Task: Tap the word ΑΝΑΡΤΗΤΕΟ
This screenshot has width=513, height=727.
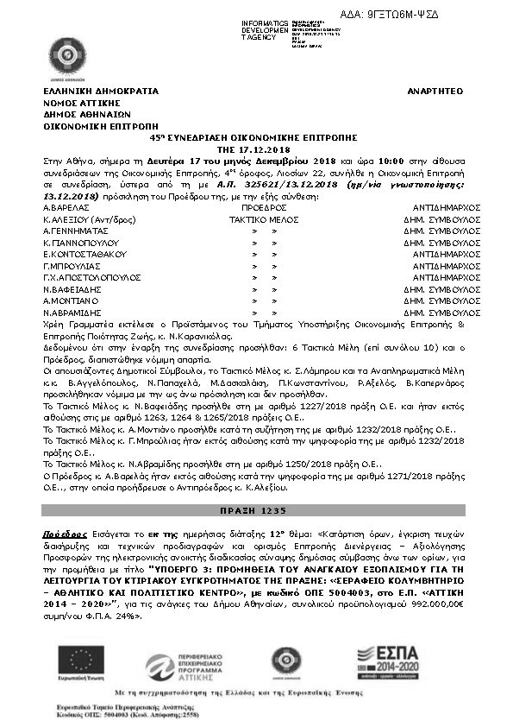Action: click(435, 91)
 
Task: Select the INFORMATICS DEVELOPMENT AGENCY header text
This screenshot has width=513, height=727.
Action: click(265, 30)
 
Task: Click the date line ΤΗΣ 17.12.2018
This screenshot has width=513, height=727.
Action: click(255, 149)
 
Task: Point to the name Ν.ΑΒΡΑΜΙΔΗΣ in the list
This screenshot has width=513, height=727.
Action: click(72, 312)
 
